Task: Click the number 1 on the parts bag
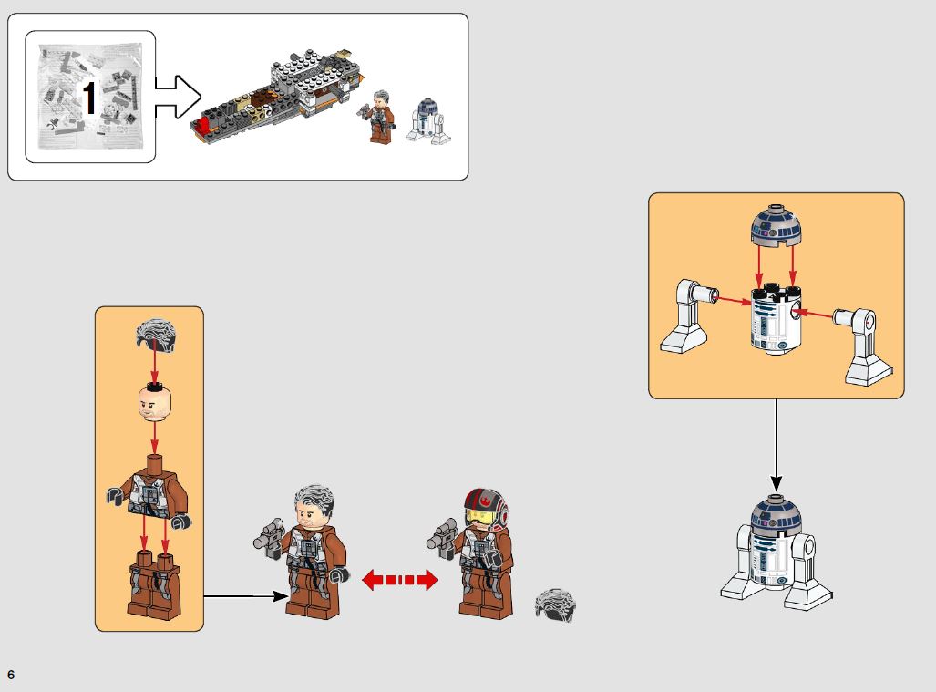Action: pos(88,98)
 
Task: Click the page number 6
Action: pos(11,675)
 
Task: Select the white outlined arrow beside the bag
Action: pos(178,97)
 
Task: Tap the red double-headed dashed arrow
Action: pos(400,580)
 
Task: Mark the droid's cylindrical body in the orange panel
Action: pos(774,322)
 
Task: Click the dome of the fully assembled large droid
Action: pos(775,518)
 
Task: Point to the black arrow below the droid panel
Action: pos(777,443)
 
